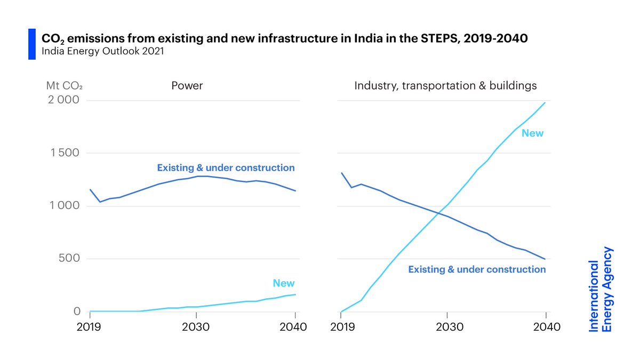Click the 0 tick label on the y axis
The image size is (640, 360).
(77, 311)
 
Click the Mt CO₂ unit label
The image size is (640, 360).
(65, 85)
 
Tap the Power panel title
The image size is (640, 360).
(187, 85)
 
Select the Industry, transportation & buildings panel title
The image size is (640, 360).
(445, 85)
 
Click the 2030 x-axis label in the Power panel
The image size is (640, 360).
(196, 327)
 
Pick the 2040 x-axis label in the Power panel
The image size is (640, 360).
(293, 327)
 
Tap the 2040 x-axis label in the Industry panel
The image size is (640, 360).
(547, 327)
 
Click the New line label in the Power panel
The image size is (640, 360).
(283, 283)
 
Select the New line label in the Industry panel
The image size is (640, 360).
(532, 133)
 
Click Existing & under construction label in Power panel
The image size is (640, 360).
(226, 168)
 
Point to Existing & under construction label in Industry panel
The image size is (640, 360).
(477, 269)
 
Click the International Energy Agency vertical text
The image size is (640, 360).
(601, 289)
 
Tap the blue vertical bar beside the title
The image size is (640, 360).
(31, 44)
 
